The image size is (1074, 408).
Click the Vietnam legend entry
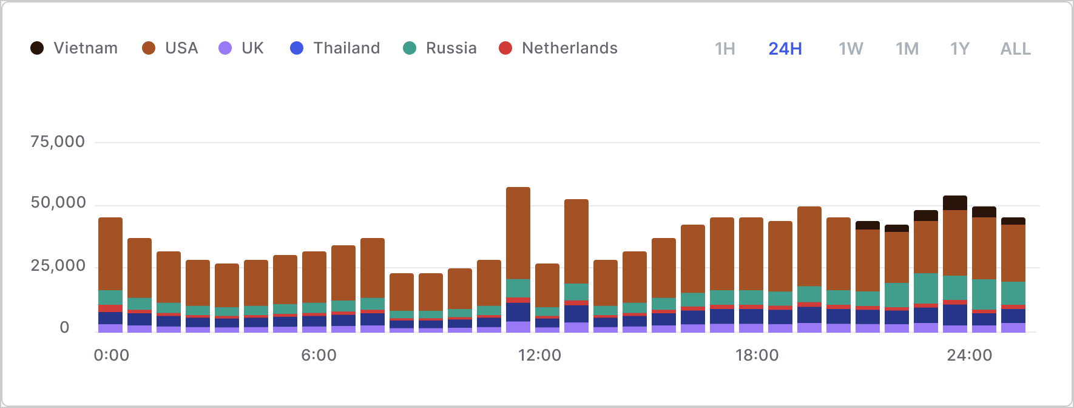(x=74, y=48)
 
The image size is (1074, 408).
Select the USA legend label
(x=171, y=48)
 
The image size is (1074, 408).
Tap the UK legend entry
(x=241, y=48)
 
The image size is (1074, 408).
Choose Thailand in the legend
(x=336, y=48)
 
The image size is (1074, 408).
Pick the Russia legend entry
(x=441, y=48)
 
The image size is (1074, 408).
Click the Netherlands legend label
(x=558, y=48)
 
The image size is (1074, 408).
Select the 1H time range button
(x=725, y=49)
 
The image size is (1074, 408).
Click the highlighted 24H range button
(x=785, y=49)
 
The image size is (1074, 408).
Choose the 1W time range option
(x=851, y=49)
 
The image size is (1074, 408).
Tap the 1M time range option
(x=907, y=49)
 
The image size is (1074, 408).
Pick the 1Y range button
(x=960, y=49)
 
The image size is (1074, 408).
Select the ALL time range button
(x=1016, y=49)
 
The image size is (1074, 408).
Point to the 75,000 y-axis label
(x=58, y=142)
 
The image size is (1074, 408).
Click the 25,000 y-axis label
(x=58, y=266)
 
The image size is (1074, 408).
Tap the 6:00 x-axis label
(x=319, y=355)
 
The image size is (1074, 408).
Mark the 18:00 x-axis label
(x=757, y=355)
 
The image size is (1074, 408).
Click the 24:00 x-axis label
(x=969, y=355)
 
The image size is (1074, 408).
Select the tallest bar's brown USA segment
(x=518, y=233)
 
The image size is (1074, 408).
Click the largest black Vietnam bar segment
(x=955, y=203)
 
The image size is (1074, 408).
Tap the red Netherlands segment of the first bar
(x=110, y=308)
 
